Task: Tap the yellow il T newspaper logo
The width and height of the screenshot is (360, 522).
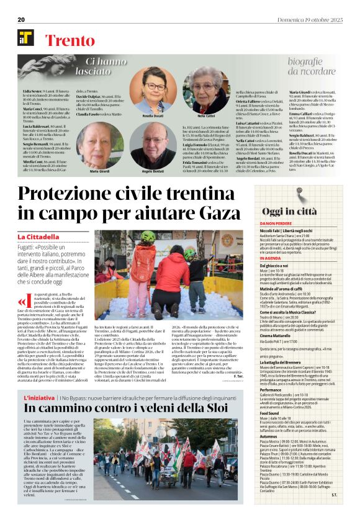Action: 25,37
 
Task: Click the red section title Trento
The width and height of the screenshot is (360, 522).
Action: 66,38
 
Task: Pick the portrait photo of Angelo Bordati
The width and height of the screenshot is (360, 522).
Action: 153,144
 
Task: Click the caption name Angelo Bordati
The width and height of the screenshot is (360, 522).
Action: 153,171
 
